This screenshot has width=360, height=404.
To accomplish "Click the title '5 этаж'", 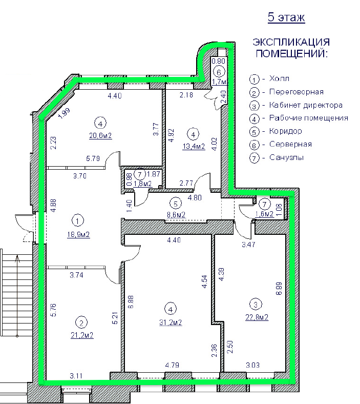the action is pos(286,17).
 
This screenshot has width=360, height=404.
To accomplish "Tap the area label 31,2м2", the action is pos(171,322).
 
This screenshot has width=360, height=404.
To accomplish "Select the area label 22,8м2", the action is pos(257,317).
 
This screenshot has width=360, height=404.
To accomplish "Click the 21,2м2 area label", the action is pos(82,335).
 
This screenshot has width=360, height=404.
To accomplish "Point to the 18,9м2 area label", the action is pos(78,234).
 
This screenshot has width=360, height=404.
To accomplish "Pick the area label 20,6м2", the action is pos(100,135).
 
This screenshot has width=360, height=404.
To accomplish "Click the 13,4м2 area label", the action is pos(194,146).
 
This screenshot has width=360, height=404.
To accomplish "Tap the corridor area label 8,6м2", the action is pos(176,214).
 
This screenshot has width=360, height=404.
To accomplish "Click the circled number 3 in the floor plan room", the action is pos(256,305).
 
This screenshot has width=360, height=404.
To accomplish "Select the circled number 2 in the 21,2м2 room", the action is pos(81,322).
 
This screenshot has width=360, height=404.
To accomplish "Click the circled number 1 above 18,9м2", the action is pos(78,221).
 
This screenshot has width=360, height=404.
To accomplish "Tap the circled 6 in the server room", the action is pos(219,72).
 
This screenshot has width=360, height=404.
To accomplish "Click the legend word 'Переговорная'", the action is pos(296,92).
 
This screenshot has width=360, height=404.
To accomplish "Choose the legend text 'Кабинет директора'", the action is pos(306,105).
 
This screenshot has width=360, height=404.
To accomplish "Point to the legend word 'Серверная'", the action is pos(290,144).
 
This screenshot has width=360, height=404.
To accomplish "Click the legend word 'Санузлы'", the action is pos(286,157).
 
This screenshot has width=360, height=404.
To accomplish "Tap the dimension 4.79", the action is pos(172,365).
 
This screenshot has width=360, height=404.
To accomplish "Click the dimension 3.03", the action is pos(252,365).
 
